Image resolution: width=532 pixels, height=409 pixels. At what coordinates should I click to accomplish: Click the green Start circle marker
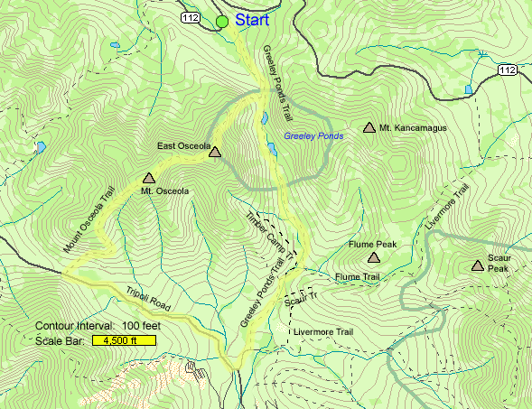click(222, 21)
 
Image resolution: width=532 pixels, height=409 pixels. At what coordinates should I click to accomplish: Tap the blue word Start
click(253, 19)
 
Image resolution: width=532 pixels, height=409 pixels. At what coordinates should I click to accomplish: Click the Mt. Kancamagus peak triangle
click(369, 128)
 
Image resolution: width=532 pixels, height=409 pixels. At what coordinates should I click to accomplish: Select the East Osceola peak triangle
click(214, 153)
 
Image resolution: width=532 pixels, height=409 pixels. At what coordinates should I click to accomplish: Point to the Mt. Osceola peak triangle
click(149, 179)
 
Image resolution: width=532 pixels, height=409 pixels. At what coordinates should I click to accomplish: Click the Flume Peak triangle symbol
click(373, 257)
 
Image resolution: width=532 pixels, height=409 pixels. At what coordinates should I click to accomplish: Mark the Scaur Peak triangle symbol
click(477, 265)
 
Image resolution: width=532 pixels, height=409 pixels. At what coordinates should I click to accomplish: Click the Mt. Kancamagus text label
click(413, 128)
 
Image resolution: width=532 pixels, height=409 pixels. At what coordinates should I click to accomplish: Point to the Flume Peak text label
click(373, 245)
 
